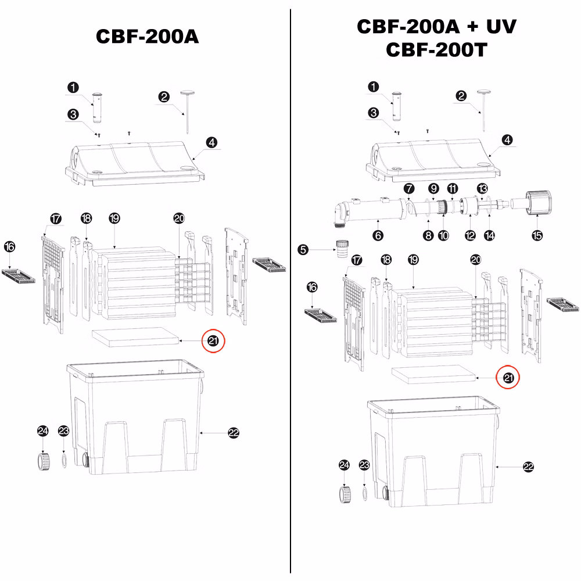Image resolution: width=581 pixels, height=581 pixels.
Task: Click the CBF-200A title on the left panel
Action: pos(147,36)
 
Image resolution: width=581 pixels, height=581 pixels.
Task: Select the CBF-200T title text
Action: pos(436,49)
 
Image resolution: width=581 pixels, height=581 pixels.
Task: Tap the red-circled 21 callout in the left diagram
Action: pos(213,340)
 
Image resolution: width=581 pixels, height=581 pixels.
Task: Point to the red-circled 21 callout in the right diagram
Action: pos(508,378)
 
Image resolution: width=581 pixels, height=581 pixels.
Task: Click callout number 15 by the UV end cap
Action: pos(537,235)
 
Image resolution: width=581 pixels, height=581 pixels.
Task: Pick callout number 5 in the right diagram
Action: pos(303,250)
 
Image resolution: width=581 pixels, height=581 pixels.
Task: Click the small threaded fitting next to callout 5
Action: pos(342,249)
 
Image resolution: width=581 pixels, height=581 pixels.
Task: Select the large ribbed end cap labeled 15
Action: pos(539,203)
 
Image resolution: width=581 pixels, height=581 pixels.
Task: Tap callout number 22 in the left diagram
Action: pos(234,433)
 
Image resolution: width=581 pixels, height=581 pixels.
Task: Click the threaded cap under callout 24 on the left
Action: pos(44,461)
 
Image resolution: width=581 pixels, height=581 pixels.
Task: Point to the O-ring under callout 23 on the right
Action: pos(365,493)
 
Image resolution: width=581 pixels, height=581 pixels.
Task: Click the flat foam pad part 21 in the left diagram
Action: pos(135,337)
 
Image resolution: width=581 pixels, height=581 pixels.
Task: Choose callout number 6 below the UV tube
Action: pos(378,235)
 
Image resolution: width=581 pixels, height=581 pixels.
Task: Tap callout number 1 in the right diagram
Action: pos(373,87)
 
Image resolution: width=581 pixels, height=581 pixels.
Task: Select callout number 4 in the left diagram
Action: pos(211,142)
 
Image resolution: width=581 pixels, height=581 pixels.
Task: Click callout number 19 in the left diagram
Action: pos(114,218)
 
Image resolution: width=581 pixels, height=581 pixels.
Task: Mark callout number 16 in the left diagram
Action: pos(10,247)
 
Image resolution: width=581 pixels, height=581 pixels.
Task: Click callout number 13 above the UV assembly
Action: pos(482,189)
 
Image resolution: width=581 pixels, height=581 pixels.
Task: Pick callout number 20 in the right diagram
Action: pos(476,260)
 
